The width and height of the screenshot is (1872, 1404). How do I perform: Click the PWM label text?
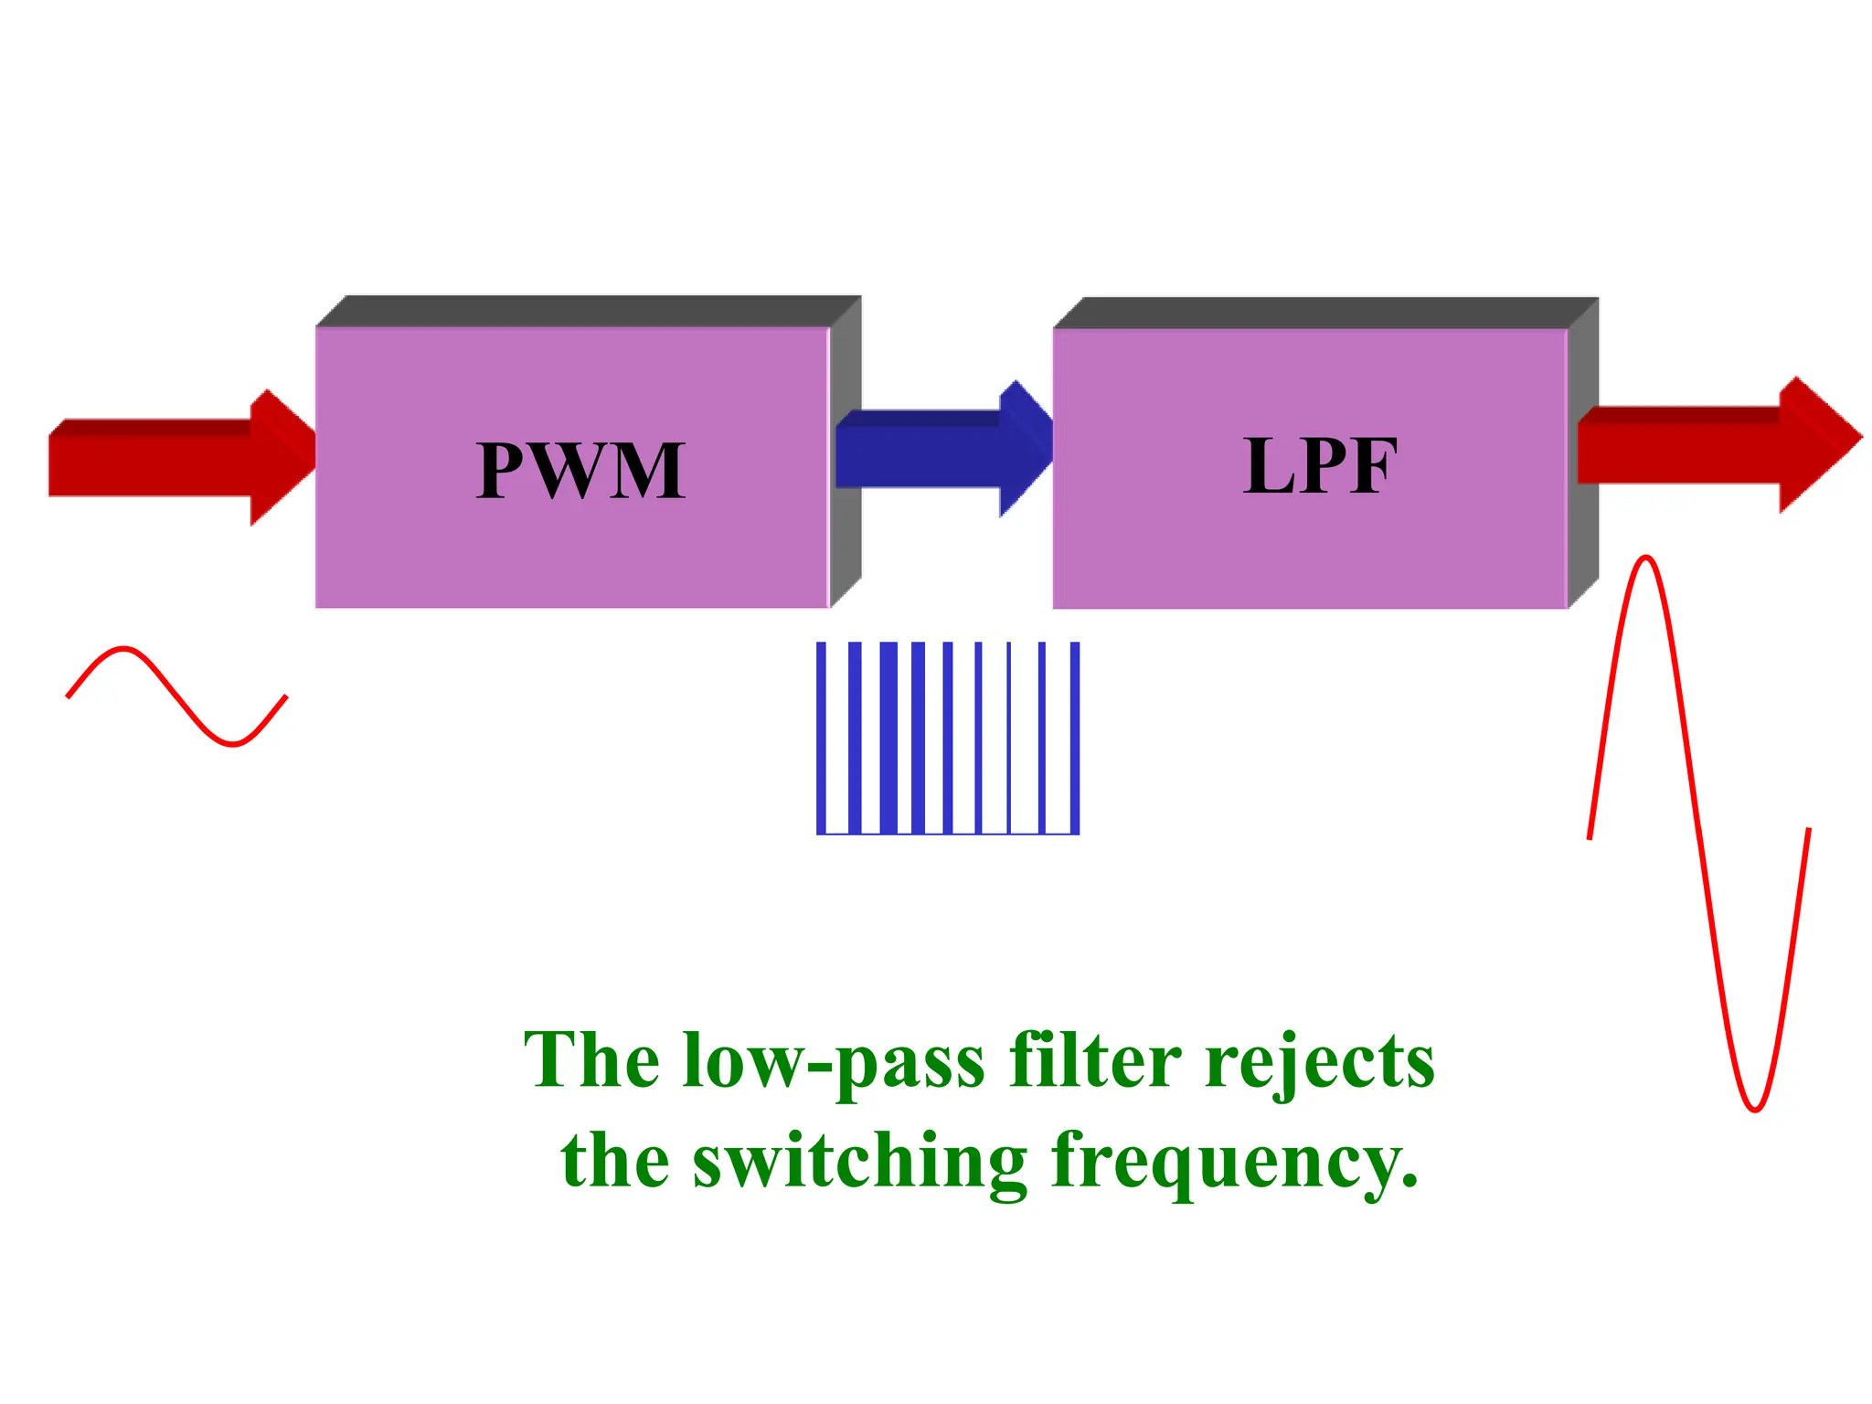click(580, 470)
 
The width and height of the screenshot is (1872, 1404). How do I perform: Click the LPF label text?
click(1320, 466)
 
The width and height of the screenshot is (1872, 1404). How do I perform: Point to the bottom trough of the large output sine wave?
click(1755, 1109)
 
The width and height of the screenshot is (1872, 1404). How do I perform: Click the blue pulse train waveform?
click(948, 738)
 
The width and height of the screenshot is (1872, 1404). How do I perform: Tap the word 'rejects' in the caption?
click(1320, 1062)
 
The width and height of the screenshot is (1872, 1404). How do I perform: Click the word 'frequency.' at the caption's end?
click(1234, 1163)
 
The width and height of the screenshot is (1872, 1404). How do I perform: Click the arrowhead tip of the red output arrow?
click(1857, 437)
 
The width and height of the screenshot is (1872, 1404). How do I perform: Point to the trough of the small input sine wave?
click(234, 743)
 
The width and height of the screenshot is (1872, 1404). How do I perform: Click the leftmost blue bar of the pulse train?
click(821, 738)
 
